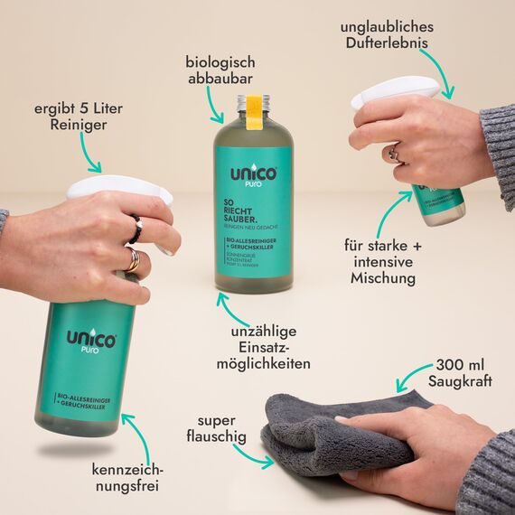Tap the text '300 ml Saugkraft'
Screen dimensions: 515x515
pos(463,372)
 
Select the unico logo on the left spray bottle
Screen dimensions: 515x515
pos(90,342)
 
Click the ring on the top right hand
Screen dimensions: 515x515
pos(394,154)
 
